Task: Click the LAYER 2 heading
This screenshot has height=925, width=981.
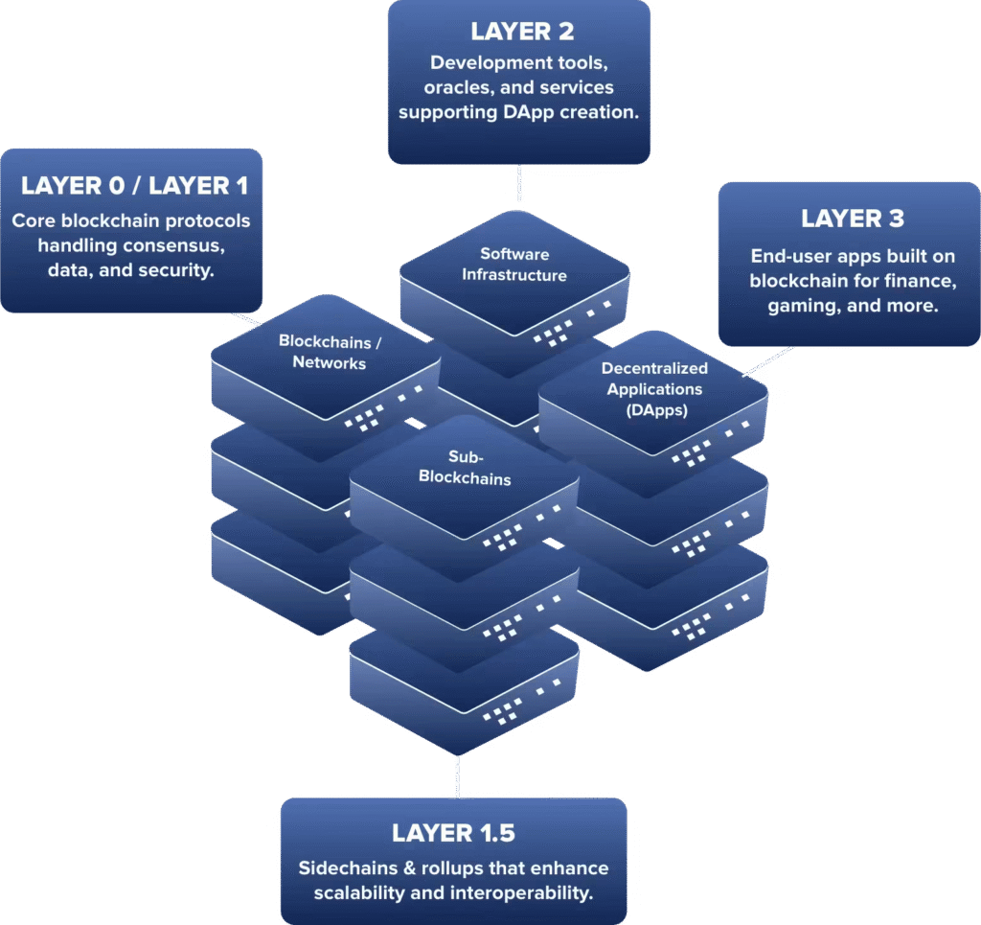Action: [522, 32]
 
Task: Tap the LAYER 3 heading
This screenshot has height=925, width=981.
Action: [853, 219]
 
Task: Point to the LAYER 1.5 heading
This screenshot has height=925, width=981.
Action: [453, 833]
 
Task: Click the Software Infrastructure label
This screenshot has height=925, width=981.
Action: [514, 265]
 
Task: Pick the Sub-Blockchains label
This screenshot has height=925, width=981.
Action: [465, 468]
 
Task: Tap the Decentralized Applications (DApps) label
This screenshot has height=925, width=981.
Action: [654, 389]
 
